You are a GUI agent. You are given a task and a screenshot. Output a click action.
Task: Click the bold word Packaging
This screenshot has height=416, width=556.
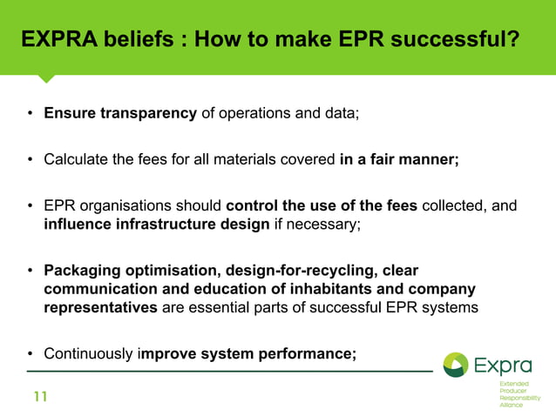point(82,270)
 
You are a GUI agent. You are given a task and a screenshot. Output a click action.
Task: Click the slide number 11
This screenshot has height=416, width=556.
point(40,398)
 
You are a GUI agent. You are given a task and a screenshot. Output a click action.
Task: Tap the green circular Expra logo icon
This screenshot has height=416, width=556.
point(456,366)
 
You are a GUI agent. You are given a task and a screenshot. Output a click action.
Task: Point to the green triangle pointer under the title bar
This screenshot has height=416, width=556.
point(46,79)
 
